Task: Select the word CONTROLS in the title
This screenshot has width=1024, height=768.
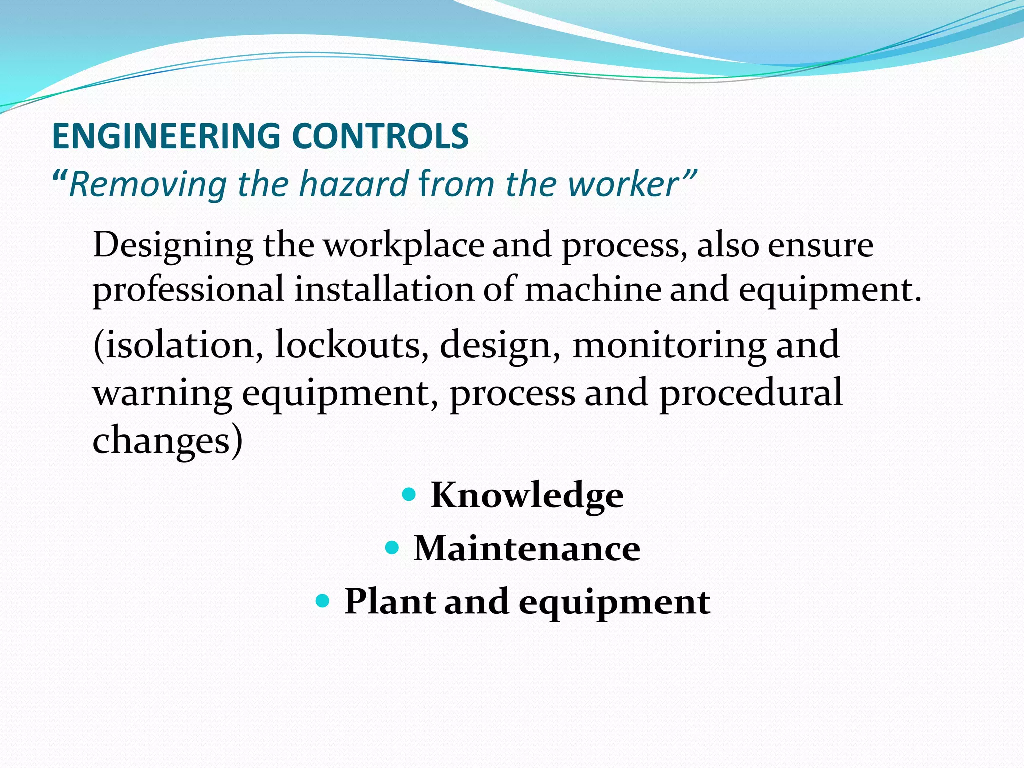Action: (380, 136)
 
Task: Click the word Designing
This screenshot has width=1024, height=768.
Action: (173, 246)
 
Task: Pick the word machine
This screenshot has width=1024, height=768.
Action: (593, 290)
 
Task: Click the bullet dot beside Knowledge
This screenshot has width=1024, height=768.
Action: (409, 495)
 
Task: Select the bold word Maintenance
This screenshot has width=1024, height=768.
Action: (527, 548)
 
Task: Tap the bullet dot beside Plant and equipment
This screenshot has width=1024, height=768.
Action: (323, 600)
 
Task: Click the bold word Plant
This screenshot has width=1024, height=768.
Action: (389, 601)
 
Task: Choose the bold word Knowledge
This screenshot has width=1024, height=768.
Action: (527, 495)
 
